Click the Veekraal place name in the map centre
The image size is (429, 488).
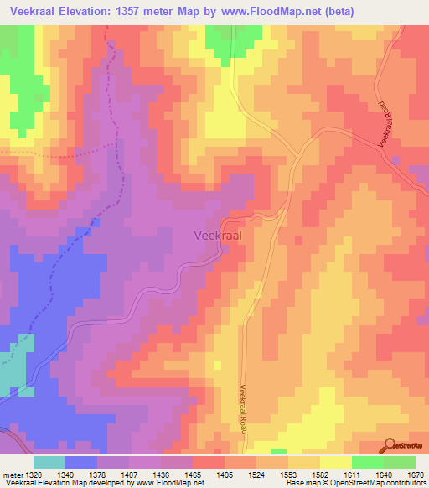click(x=218, y=236)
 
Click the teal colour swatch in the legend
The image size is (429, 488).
click(x=49, y=462)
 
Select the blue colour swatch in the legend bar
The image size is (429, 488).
click(x=81, y=462)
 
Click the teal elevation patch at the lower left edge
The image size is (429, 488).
click(x=13, y=370)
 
